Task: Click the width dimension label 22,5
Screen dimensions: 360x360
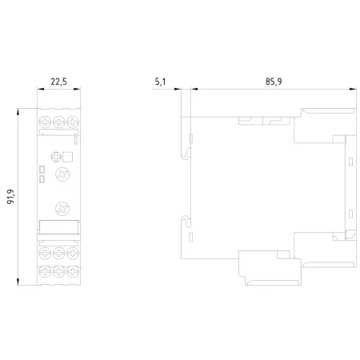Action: tap(59, 82)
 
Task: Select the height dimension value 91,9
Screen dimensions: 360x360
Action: tap(10, 197)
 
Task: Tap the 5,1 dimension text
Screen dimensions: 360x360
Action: tap(160, 82)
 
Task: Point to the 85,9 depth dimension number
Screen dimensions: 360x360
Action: tap(274, 82)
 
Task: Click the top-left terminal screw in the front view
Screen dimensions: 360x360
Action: tap(45, 122)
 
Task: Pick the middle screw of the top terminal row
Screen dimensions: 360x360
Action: tap(58, 122)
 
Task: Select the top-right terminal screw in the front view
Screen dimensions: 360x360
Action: tap(73, 122)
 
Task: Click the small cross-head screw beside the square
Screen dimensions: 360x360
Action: tap(56, 157)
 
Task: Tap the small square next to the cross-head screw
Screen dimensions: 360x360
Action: tap(67, 157)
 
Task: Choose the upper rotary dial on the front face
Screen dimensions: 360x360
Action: tap(62, 174)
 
